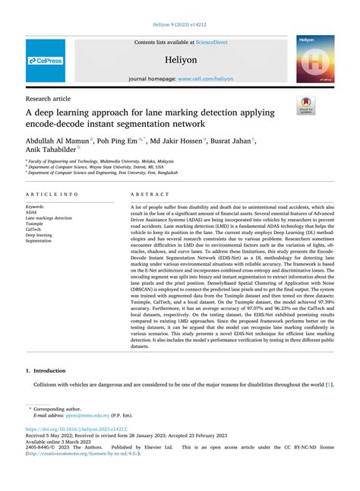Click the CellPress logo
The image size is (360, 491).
pos(46,60)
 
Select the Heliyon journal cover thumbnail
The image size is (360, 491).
pos(316,59)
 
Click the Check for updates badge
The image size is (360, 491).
pos(308,105)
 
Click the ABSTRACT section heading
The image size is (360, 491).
pos(149,195)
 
